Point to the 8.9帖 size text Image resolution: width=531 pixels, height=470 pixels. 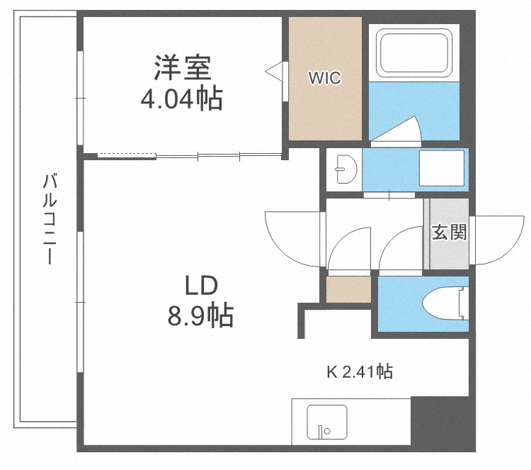click(x=200, y=315)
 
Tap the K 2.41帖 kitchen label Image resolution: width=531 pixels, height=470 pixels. click(x=360, y=371)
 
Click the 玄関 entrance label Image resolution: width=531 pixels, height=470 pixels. click(x=450, y=232)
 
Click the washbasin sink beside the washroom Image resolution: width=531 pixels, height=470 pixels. click(x=345, y=169)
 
